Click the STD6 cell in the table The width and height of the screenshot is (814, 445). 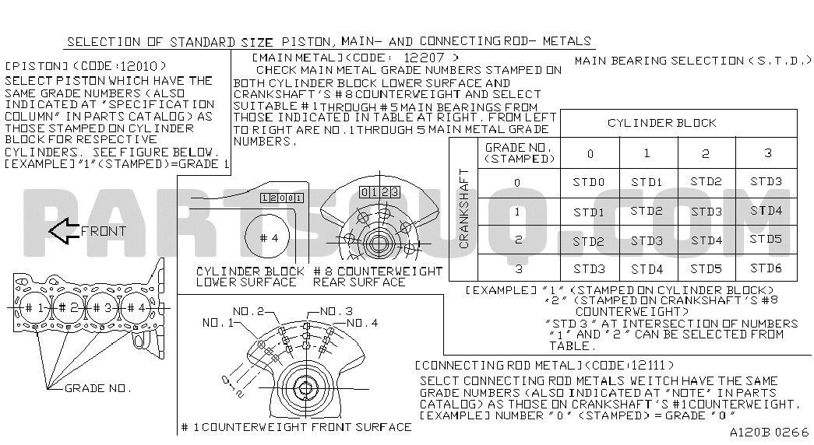pyautogui.click(x=766, y=268)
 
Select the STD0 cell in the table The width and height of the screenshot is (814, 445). pyautogui.click(x=589, y=183)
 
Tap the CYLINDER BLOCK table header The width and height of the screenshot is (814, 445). pyautogui.click(x=662, y=124)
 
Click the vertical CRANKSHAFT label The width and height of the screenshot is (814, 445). pyautogui.click(x=463, y=208)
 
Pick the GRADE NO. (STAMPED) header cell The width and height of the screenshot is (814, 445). pyautogui.click(x=519, y=153)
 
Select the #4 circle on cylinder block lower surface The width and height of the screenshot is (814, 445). pyautogui.click(x=269, y=239)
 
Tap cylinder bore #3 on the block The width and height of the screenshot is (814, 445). pyautogui.click(x=104, y=309)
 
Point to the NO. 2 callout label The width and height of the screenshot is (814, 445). pyautogui.click(x=248, y=312)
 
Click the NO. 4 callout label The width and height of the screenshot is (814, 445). pyautogui.click(x=362, y=323)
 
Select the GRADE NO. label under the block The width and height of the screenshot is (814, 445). pyautogui.click(x=98, y=388)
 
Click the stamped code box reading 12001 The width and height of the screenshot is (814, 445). pyautogui.click(x=282, y=198)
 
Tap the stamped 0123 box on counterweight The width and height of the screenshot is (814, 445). pyautogui.click(x=379, y=192)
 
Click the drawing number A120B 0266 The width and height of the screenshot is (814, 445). pyautogui.click(x=770, y=432)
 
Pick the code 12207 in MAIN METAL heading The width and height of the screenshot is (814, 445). pyautogui.click(x=424, y=58)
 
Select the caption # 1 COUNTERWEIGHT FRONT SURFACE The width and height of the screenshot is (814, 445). pyautogui.click(x=296, y=427)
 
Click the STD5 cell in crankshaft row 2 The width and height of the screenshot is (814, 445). pyautogui.click(x=766, y=239)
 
